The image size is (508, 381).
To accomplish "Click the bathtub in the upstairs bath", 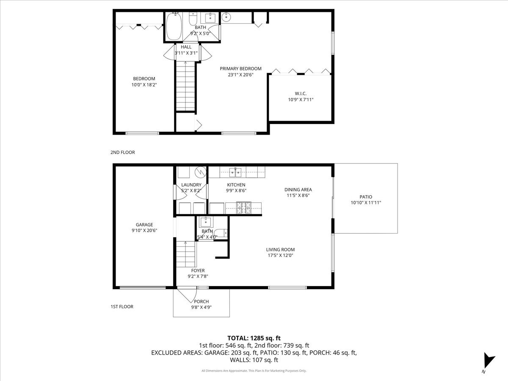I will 174,27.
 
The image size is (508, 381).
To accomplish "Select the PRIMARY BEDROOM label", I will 240,69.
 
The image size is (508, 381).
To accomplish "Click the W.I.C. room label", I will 301,93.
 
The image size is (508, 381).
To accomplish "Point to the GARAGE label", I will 144,225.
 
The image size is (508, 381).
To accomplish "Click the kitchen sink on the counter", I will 235,171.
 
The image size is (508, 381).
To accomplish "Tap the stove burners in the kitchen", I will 244,207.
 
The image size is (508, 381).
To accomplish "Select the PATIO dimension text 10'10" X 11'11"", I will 366,203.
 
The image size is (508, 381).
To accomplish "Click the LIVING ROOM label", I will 280,249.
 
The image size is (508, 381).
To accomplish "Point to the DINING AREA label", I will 298,190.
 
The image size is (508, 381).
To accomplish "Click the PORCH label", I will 201,301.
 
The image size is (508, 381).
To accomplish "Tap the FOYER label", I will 198,271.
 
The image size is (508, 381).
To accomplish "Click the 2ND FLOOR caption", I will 123,152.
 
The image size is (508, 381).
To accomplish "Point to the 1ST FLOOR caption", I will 122,306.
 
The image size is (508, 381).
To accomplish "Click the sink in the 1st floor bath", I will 206,222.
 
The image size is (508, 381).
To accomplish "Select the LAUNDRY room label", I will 191,185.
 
